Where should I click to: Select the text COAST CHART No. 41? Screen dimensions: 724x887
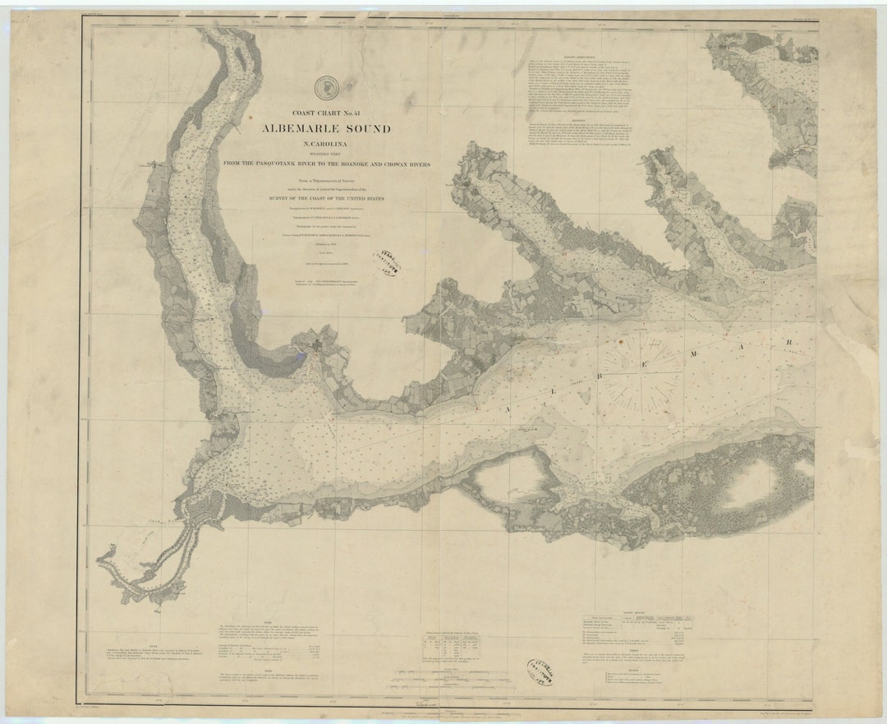[x=326, y=113]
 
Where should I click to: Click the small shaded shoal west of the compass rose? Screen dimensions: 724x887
[x=584, y=398]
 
